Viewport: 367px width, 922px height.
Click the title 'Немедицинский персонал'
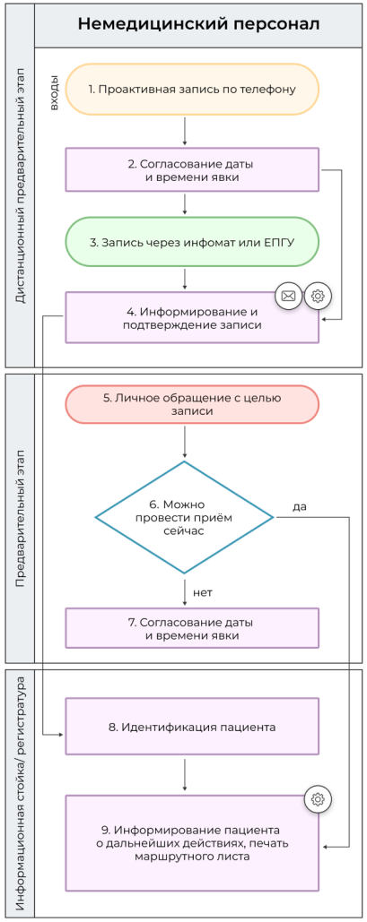point(198,24)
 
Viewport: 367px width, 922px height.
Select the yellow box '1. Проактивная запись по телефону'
point(192,90)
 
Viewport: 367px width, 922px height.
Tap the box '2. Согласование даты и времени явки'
point(192,170)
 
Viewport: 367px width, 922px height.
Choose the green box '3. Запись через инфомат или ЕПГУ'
point(192,241)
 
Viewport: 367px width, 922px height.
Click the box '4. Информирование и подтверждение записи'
point(192,317)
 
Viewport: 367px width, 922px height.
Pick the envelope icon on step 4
point(288,295)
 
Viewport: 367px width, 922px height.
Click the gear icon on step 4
point(318,295)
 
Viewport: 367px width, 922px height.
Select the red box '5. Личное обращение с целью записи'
point(192,403)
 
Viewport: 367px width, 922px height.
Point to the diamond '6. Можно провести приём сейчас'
point(184,517)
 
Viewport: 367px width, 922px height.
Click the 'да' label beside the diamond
point(299,507)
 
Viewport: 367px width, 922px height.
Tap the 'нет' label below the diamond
point(203,591)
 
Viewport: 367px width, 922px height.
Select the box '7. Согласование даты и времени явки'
point(192,628)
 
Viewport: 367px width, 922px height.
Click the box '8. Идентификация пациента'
point(192,727)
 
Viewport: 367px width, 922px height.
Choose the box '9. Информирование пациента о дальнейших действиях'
point(192,842)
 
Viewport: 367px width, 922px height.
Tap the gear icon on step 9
point(318,799)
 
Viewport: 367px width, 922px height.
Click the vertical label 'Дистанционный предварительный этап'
point(20,188)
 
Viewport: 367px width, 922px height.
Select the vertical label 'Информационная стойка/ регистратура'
point(20,793)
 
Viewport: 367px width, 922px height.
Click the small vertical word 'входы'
point(54,92)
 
